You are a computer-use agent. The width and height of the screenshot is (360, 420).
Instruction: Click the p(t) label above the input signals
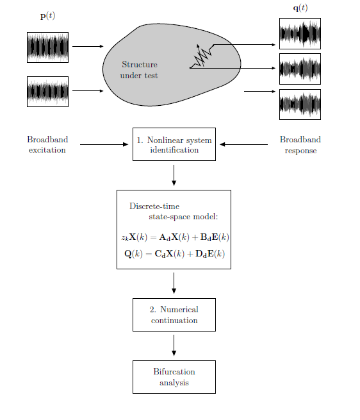47,16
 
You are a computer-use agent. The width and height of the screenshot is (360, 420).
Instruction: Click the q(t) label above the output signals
300,8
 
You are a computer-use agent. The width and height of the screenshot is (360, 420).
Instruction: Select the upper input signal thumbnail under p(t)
47,47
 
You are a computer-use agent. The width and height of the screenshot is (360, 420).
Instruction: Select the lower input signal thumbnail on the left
47,92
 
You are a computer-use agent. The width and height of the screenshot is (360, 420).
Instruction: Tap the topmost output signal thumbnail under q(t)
300,33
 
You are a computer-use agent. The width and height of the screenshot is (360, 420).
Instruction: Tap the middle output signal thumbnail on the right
300,69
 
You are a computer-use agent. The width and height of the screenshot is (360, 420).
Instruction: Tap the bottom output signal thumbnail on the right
300,105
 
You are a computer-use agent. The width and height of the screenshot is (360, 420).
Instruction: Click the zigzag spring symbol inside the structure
202,57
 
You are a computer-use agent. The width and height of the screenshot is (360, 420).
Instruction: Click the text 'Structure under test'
139,70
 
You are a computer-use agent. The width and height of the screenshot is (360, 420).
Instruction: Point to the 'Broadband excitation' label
47,145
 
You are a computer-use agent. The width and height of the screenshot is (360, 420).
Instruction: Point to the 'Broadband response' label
300,145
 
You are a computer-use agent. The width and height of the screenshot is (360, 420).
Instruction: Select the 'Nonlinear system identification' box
174,144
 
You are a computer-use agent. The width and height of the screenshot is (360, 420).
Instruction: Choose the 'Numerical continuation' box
174,315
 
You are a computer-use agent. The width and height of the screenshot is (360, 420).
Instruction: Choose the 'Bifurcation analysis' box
174,377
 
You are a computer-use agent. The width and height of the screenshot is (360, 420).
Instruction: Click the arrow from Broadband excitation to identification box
104,144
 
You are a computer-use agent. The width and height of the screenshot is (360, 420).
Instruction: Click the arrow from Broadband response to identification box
243,144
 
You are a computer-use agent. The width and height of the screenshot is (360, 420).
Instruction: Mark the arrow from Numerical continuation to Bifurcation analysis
174,346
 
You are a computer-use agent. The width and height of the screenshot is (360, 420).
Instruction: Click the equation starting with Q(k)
174,254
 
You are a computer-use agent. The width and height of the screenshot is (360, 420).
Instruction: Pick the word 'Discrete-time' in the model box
154,206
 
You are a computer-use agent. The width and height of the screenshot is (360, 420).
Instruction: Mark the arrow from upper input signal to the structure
88,46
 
